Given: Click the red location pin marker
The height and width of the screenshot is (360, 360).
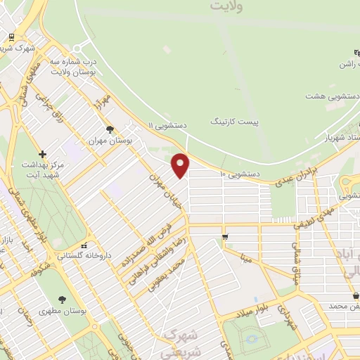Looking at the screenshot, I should [181, 165].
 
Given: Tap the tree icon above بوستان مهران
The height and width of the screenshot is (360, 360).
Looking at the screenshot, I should [110, 129].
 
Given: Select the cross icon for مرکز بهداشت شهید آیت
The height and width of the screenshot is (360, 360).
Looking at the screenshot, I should [43, 154].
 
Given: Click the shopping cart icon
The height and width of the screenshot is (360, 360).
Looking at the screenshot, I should [224, 237].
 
